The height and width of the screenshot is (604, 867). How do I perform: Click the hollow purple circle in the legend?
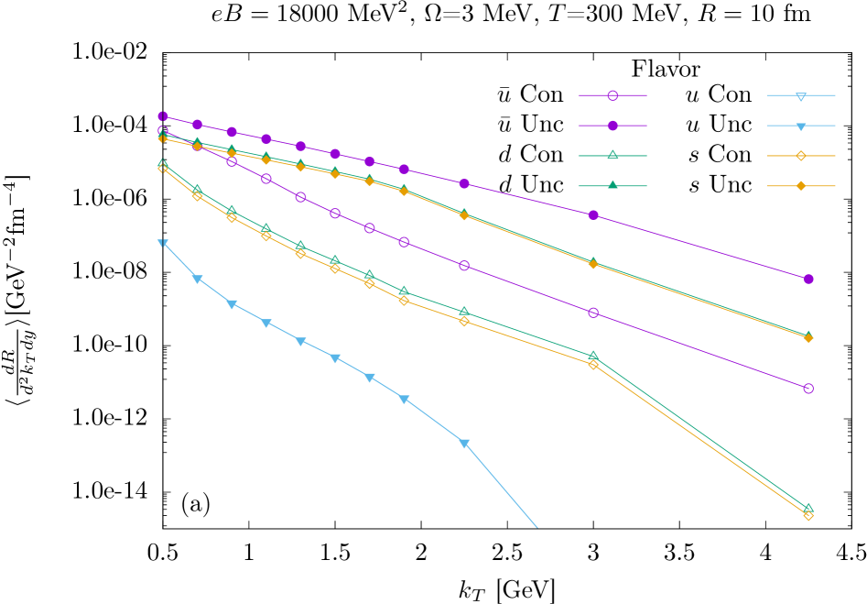(612, 95)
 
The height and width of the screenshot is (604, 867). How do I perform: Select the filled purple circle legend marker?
(612, 126)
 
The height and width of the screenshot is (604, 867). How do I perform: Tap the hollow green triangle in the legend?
(612, 156)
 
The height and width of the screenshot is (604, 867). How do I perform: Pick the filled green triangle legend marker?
(612, 185)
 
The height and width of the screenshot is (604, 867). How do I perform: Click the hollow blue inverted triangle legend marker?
(801, 95)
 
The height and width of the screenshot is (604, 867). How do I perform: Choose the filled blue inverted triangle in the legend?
(801, 126)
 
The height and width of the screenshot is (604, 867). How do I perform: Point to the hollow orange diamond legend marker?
(801, 156)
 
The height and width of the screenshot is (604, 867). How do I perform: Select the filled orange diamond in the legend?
(801, 186)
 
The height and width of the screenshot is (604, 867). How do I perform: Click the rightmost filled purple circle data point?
(808, 279)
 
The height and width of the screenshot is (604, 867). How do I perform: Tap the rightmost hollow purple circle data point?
(808, 389)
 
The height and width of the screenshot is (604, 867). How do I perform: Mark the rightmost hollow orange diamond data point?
(808, 515)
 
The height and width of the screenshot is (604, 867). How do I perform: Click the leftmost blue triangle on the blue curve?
(163, 243)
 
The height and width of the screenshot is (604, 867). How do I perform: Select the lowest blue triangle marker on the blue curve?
(464, 444)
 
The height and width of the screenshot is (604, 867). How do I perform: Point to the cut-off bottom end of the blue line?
(536, 527)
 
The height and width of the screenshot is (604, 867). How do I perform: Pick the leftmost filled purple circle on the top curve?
(163, 116)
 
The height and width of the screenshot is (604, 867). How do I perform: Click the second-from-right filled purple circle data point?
(593, 215)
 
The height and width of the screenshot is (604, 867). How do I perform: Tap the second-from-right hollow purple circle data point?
(593, 313)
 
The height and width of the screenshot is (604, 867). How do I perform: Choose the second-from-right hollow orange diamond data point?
(593, 365)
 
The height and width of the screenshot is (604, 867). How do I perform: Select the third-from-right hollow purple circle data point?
(464, 266)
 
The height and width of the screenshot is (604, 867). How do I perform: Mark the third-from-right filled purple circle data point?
(464, 184)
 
